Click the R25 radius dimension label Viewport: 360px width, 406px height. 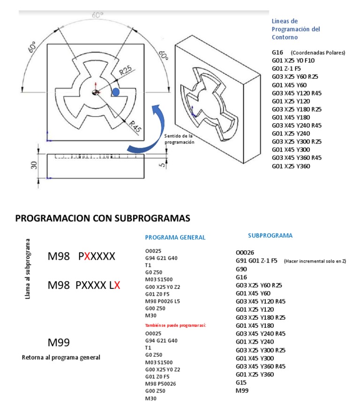click(x=125, y=71)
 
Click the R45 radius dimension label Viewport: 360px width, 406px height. click(x=135, y=126)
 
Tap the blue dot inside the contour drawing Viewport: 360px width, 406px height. click(x=115, y=92)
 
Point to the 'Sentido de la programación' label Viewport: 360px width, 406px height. click(x=179, y=139)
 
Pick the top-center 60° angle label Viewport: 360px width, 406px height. click(x=97, y=15)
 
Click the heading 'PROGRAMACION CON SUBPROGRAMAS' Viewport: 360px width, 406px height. click(x=103, y=218)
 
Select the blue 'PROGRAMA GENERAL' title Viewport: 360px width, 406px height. click(x=175, y=237)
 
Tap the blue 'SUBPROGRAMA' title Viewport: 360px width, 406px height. click(x=270, y=235)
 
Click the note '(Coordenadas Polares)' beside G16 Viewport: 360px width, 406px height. click(x=317, y=53)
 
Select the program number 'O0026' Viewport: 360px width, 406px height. click(x=245, y=252)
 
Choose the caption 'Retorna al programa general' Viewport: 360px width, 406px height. click(x=61, y=357)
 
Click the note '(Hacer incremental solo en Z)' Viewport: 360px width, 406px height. click(x=315, y=261)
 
